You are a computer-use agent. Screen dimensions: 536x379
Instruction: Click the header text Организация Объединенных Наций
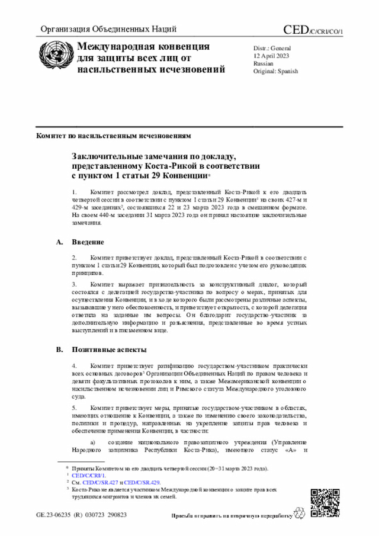108,29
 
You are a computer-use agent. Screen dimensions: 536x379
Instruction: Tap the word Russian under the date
264,63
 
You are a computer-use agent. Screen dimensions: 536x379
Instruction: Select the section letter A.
59,242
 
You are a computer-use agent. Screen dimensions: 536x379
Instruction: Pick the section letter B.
59,350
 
